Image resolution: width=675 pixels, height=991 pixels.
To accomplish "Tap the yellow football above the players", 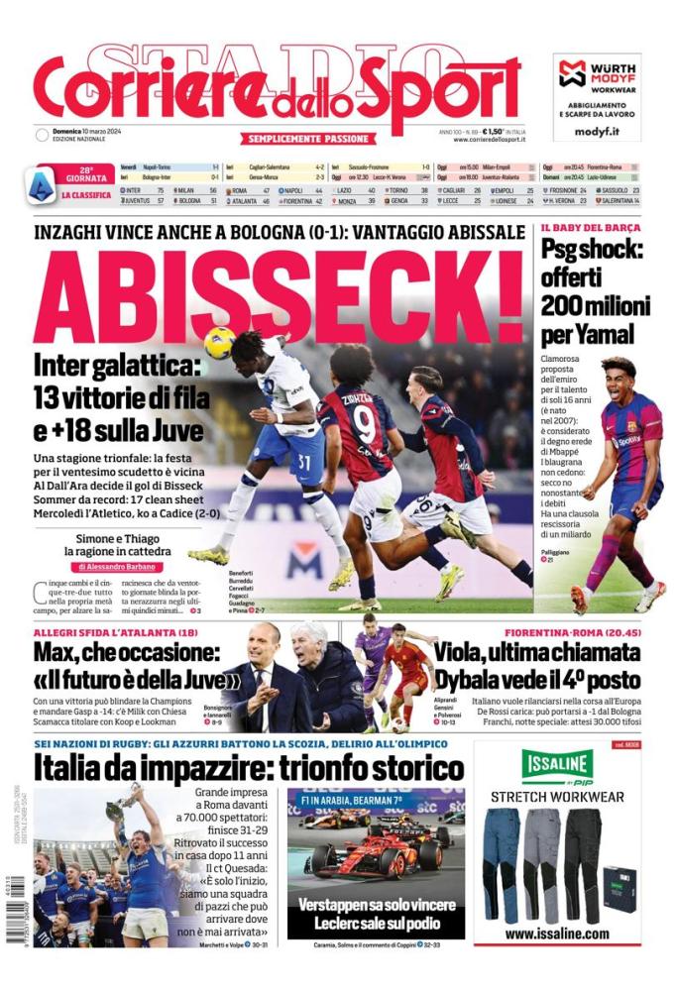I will click(219, 342).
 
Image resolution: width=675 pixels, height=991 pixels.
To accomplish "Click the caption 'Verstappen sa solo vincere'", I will click(376, 904).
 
